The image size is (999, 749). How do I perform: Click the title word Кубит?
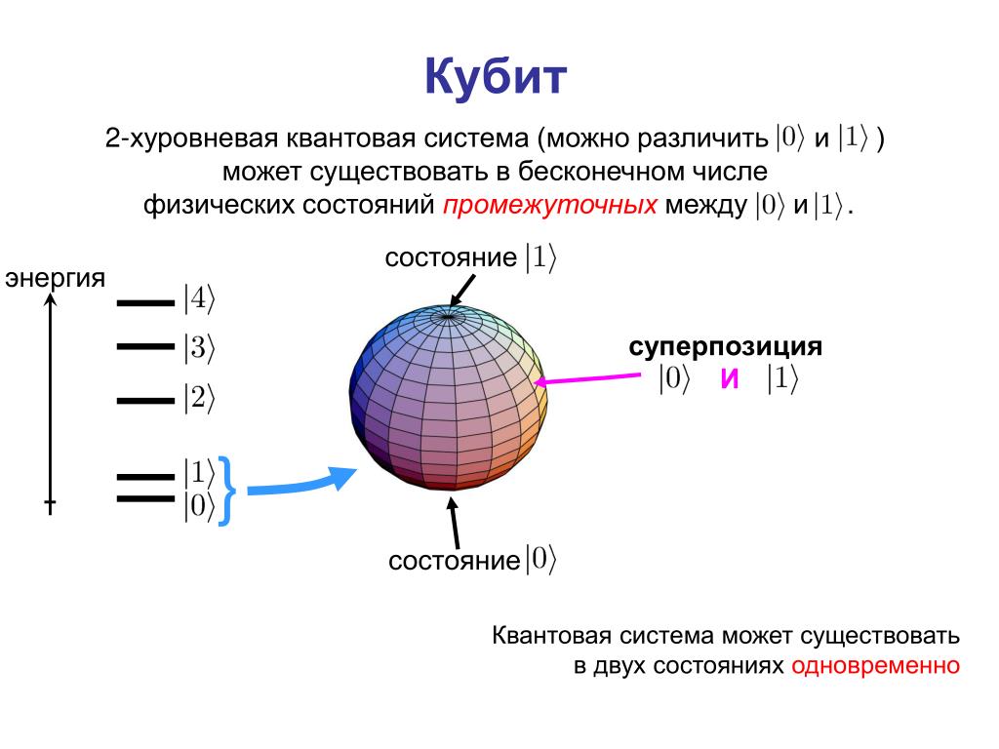(496, 77)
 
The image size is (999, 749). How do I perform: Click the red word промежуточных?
(550, 205)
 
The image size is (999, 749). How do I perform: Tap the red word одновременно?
(875, 665)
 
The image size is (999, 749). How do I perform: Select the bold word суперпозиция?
(725, 347)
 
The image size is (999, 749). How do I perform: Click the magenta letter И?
(730, 378)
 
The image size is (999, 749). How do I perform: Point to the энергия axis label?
(55, 278)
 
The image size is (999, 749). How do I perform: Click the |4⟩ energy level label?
(199, 298)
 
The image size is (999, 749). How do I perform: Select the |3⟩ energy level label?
(199, 348)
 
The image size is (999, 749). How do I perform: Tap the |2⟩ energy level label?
(199, 398)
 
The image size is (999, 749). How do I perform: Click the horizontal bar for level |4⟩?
(145, 303)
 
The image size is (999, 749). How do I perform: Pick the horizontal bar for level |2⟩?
(145, 401)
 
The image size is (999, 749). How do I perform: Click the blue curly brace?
(226, 492)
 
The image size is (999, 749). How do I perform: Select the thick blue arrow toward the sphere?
(301, 485)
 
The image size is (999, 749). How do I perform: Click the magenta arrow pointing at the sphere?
(586, 378)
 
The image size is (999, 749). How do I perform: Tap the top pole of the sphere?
(448, 315)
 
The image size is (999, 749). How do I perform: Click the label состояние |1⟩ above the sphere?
(470, 257)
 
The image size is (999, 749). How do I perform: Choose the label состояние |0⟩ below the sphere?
(472, 560)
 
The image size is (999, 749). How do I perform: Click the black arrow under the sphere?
(454, 523)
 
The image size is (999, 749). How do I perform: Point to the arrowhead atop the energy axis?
(51, 299)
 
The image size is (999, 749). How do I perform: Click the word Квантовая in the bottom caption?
(552, 636)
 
